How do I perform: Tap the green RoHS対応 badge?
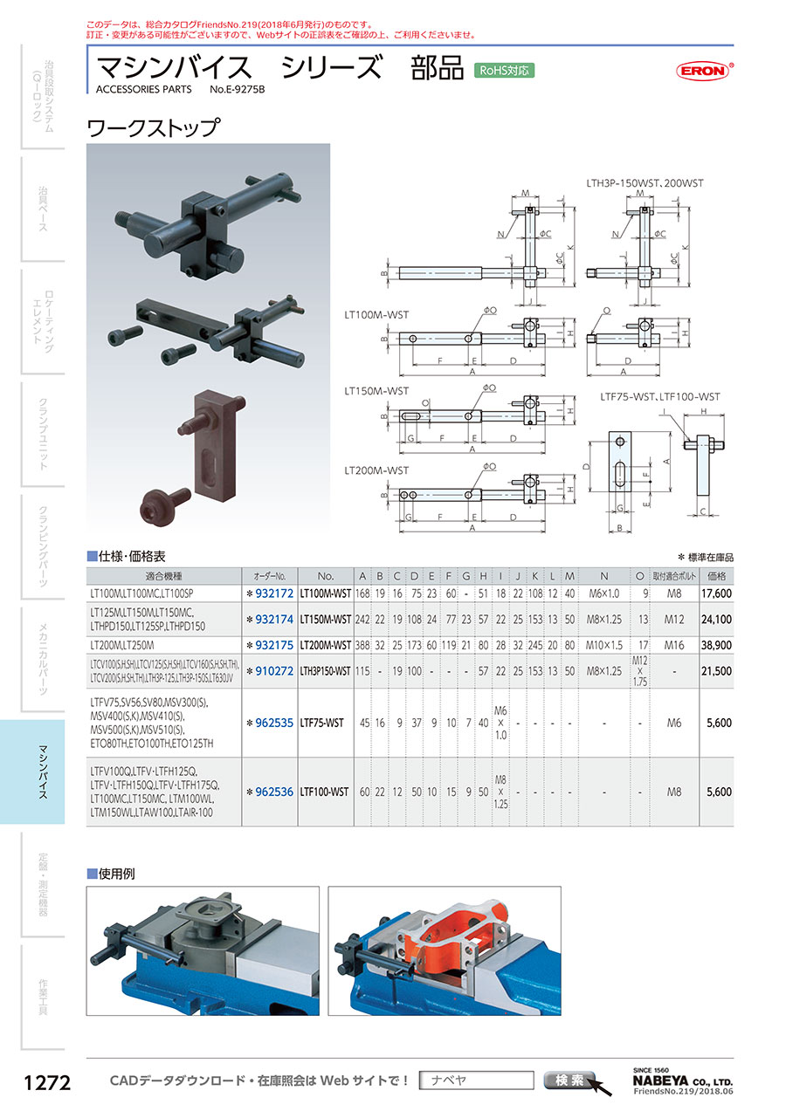(503, 71)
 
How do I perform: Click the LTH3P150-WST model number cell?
(326, 670)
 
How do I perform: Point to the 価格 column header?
(716, 576)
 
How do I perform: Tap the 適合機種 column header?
(164, 576)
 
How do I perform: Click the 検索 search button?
(569, 1080)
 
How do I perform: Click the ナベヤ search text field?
(476, 1080)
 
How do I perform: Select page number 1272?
(46, 1083)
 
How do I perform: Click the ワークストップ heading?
(152, 128)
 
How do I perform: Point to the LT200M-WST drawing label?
(376, 470)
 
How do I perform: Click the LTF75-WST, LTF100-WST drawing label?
(660, 396)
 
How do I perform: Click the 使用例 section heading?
(117, 873)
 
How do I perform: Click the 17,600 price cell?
(715, 593)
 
